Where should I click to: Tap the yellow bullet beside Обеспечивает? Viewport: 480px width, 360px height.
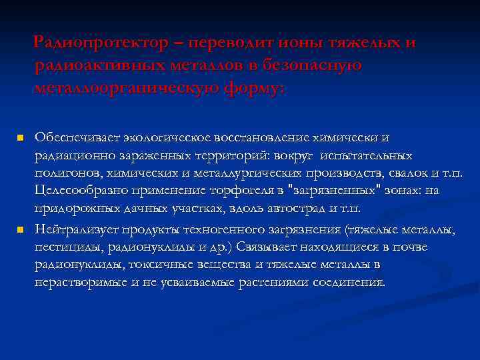point(21,138)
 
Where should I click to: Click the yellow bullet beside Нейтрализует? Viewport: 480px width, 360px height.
point(21,230)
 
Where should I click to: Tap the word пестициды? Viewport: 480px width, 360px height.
point(63,247)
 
